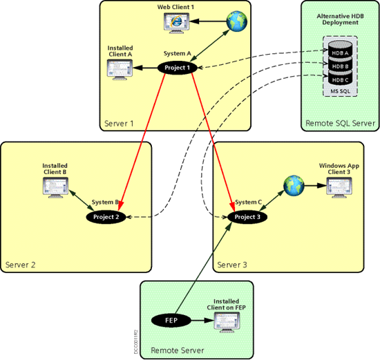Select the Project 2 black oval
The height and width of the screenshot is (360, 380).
107,217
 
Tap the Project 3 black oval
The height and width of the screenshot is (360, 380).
247,217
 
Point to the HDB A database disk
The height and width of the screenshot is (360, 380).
338,53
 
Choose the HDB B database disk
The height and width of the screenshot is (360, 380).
338,66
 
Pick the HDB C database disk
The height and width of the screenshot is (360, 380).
338,79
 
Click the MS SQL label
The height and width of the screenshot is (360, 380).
338,92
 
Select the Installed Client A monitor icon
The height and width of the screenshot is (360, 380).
120,68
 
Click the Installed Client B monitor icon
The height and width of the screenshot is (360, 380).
55,184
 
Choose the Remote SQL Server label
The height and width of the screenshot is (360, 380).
340,123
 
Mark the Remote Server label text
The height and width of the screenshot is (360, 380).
177,350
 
